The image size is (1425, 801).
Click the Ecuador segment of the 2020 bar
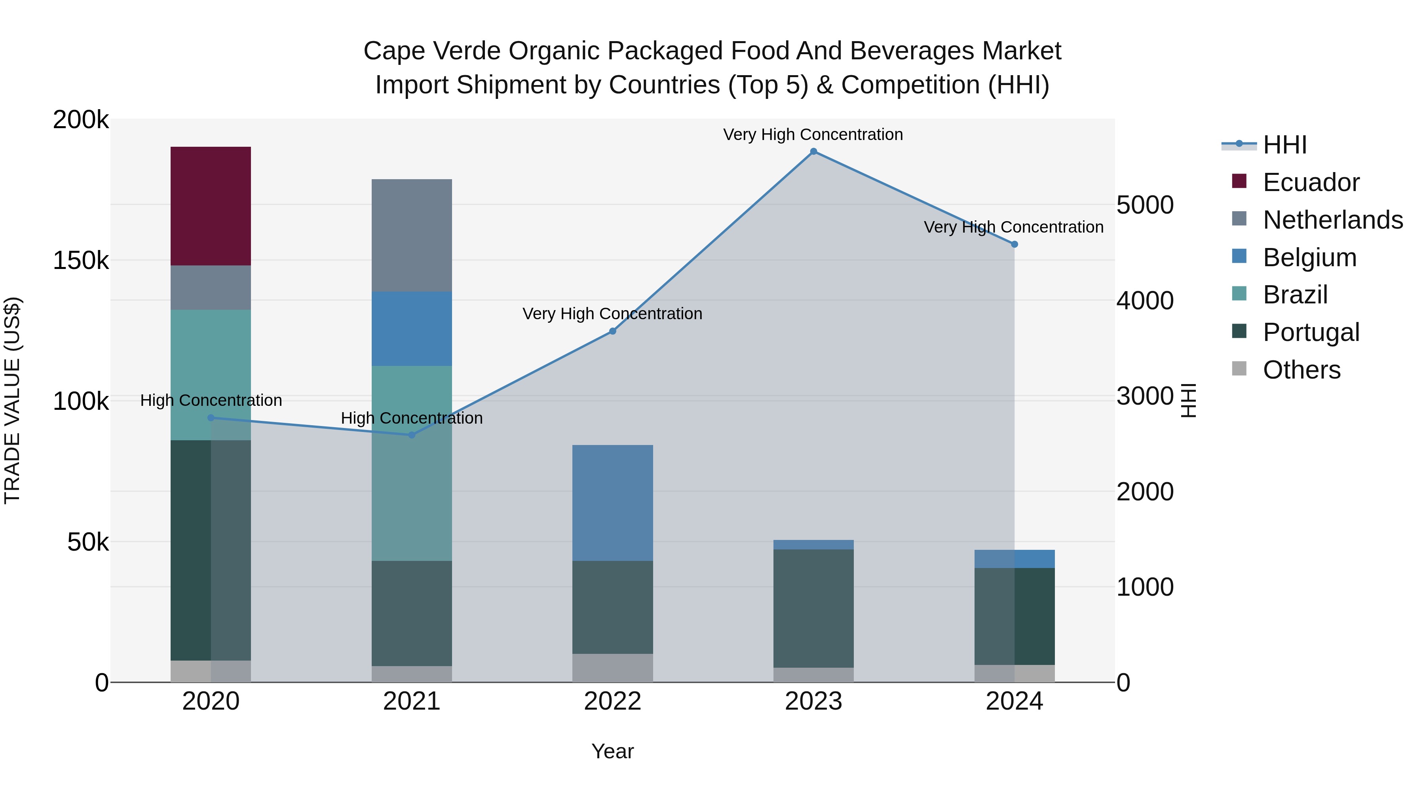click(x=210, y=206)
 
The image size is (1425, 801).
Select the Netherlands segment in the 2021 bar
click(x=412, y=235)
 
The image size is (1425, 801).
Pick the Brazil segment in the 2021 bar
click(x=412, y=463)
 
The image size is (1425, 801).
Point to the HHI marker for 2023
click(x=813, y=151)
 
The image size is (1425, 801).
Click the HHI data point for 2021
click(x=412, y=435)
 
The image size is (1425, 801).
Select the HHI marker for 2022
click(x=612, y=331)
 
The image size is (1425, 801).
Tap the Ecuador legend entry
click(x=1311, y=182)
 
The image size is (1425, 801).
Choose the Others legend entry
click(x=1301, y=370)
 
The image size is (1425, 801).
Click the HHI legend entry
click(x=1284, y=145)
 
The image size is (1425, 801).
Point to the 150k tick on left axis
click(x=81, y=260)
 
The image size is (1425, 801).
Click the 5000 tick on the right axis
click(x=1144, y=205)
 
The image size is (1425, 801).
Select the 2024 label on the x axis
click(x=1014, y=701)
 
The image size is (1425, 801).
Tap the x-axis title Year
click(x=612, y=751)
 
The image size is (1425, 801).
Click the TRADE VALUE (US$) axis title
click(x=13, y=400)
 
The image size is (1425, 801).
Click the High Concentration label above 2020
click(x=211, y=400)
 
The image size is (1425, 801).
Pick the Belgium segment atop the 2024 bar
click(x=1014, y=559)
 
